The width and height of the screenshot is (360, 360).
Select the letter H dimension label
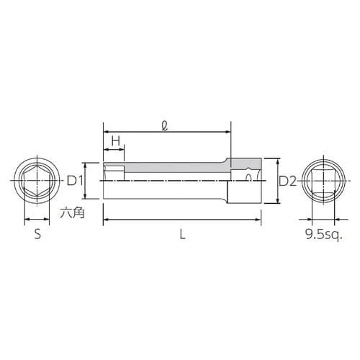(113, 141)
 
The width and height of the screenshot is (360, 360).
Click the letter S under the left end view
(37, 234)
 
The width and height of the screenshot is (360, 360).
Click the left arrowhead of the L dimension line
(107, 218)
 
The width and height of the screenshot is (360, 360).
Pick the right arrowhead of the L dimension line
(258, 218)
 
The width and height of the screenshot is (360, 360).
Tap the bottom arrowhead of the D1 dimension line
(87, 197)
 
